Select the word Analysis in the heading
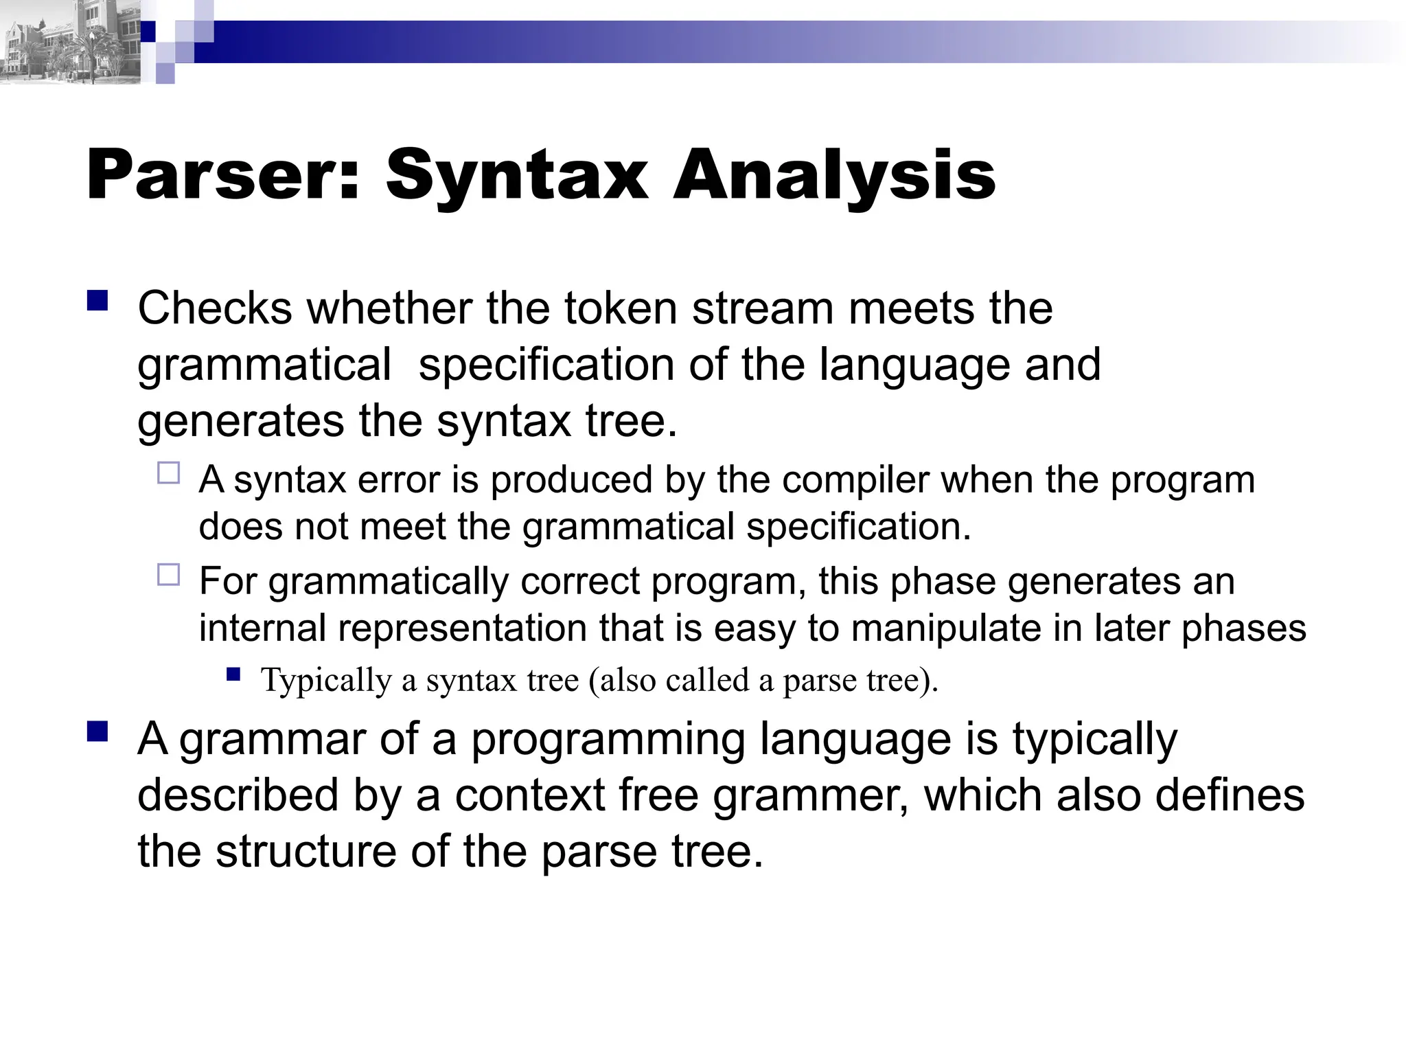point(834,177)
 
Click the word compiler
point(855,479)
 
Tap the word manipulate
point(946,628)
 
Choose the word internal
point(262,628)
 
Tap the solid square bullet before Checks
point(98,301)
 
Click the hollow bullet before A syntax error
point(168,473)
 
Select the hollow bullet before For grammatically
point(168,574)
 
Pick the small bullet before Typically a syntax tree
point(233,674)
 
